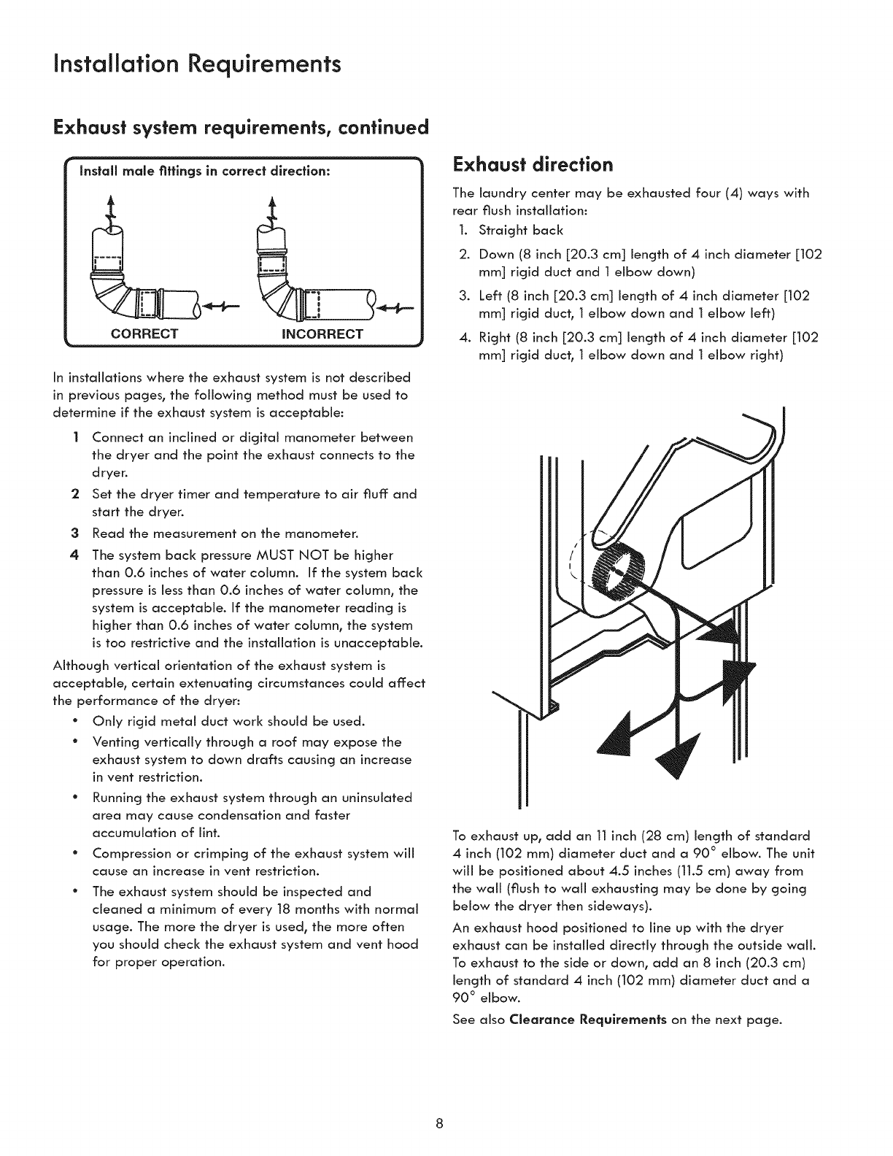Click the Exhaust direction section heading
532,165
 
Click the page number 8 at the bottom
440,1123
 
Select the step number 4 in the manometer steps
76,555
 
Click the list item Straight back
521,231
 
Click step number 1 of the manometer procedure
76,437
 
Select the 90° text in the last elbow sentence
463,998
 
